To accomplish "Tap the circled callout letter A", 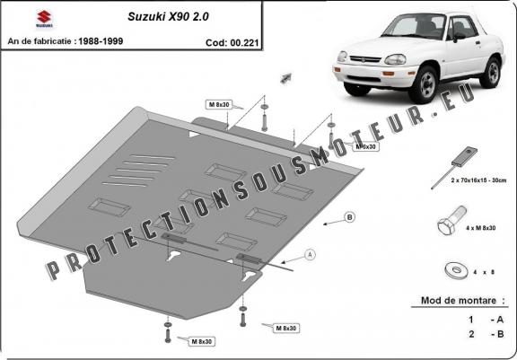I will pyautogui.click(x=310, y=255).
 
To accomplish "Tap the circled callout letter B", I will pyautogui.click(x=350, y=218).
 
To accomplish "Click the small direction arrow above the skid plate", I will pyautogui.click(x=287, y=78).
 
